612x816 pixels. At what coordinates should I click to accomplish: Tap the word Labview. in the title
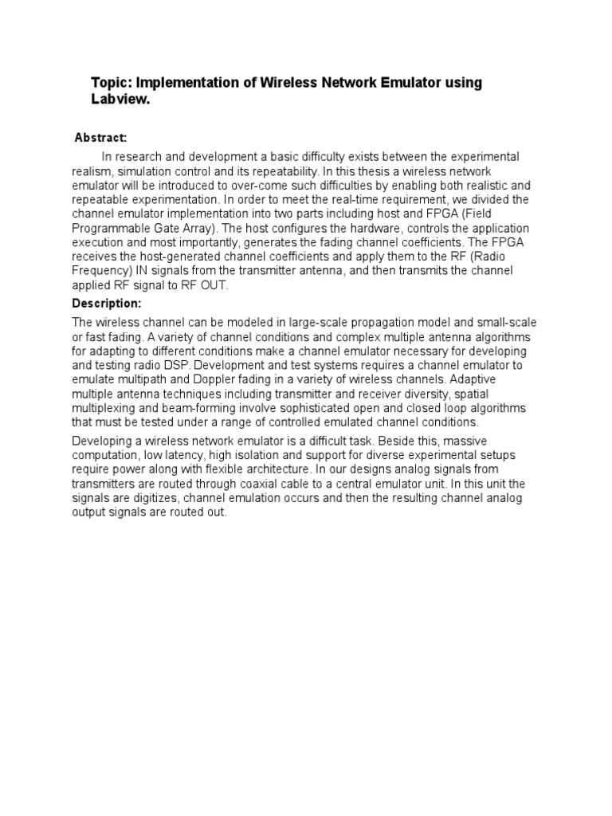(120, 101)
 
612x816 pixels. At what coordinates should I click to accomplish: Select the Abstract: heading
(100, 138)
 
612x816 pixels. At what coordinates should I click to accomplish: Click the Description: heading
(107, 304)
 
